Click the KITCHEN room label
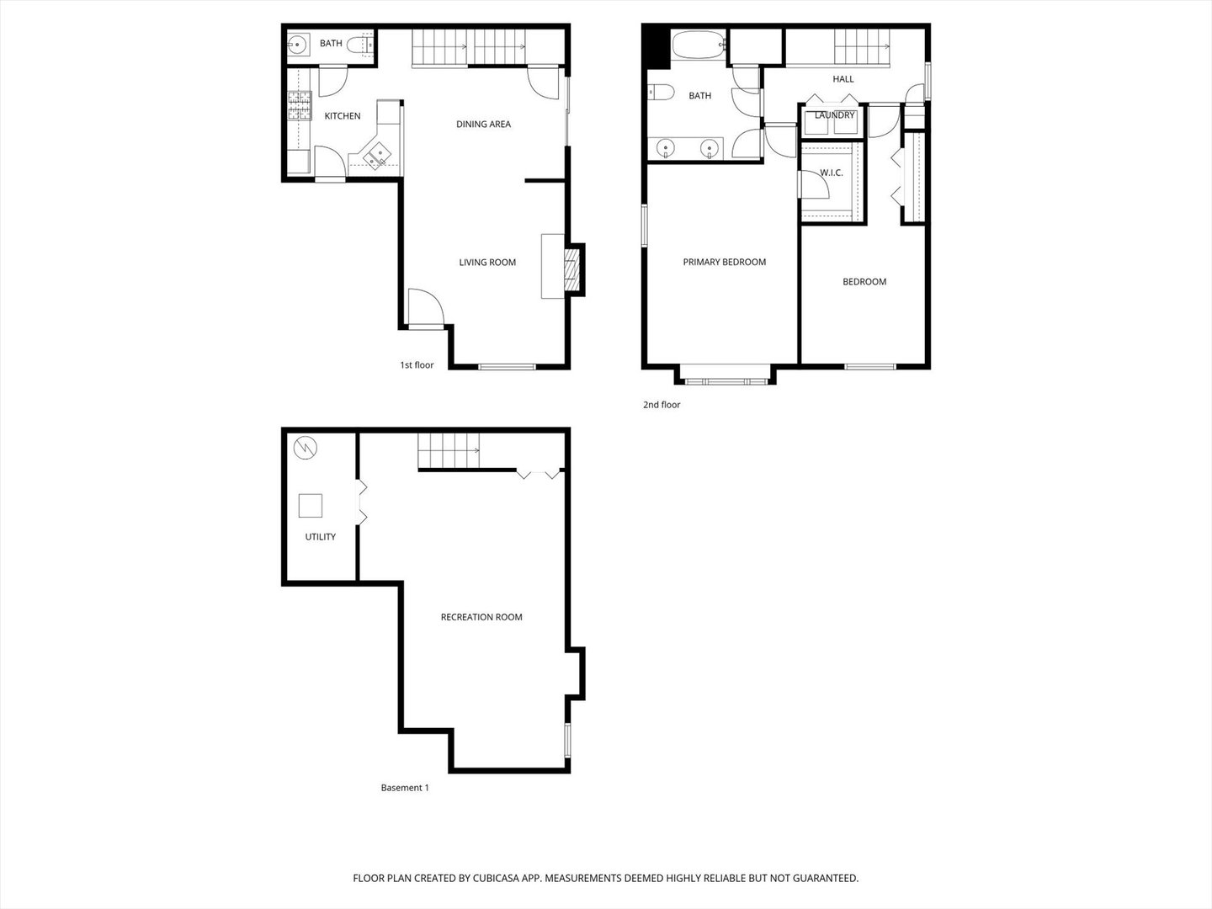tap(343, 116)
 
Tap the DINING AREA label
tap(483, 125)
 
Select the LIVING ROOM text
tap(487, 263)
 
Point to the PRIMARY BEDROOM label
tap(724, 263)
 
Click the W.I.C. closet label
tap(831, 173)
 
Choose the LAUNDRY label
tap(834, 115)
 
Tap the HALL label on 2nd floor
tap(843, 79)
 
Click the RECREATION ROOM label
tap(481, 618)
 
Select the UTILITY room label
tap(320, 537)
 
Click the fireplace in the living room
tap(572, 269)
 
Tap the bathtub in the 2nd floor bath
tap(698, 45)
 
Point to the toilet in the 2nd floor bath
tap(659, 92)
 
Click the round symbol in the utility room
tap(306, 447)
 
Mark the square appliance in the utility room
tap(311, 506)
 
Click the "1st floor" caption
tap(417, 365)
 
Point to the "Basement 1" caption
tap(405, 788)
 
